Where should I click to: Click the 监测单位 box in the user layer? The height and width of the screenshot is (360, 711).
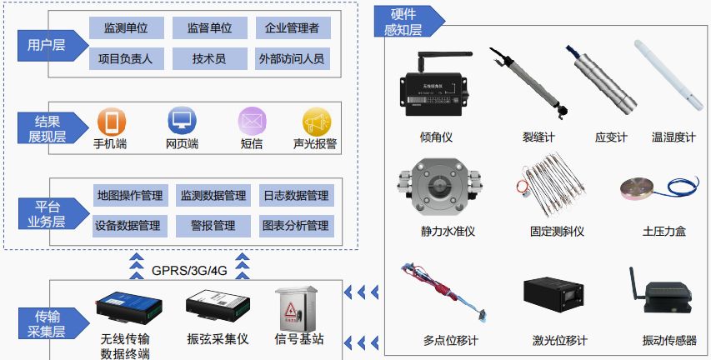click(x=126, y=28)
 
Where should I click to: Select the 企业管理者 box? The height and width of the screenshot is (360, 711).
click(x=292, y=28)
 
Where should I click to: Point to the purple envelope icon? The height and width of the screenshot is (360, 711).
click(x=251, y=122)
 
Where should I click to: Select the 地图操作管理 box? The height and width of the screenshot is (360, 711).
click(x=128, y=196)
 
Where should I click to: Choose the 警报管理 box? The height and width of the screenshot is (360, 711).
click(x=213, y=225)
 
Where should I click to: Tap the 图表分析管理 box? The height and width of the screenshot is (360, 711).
click(x=295, y=225)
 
